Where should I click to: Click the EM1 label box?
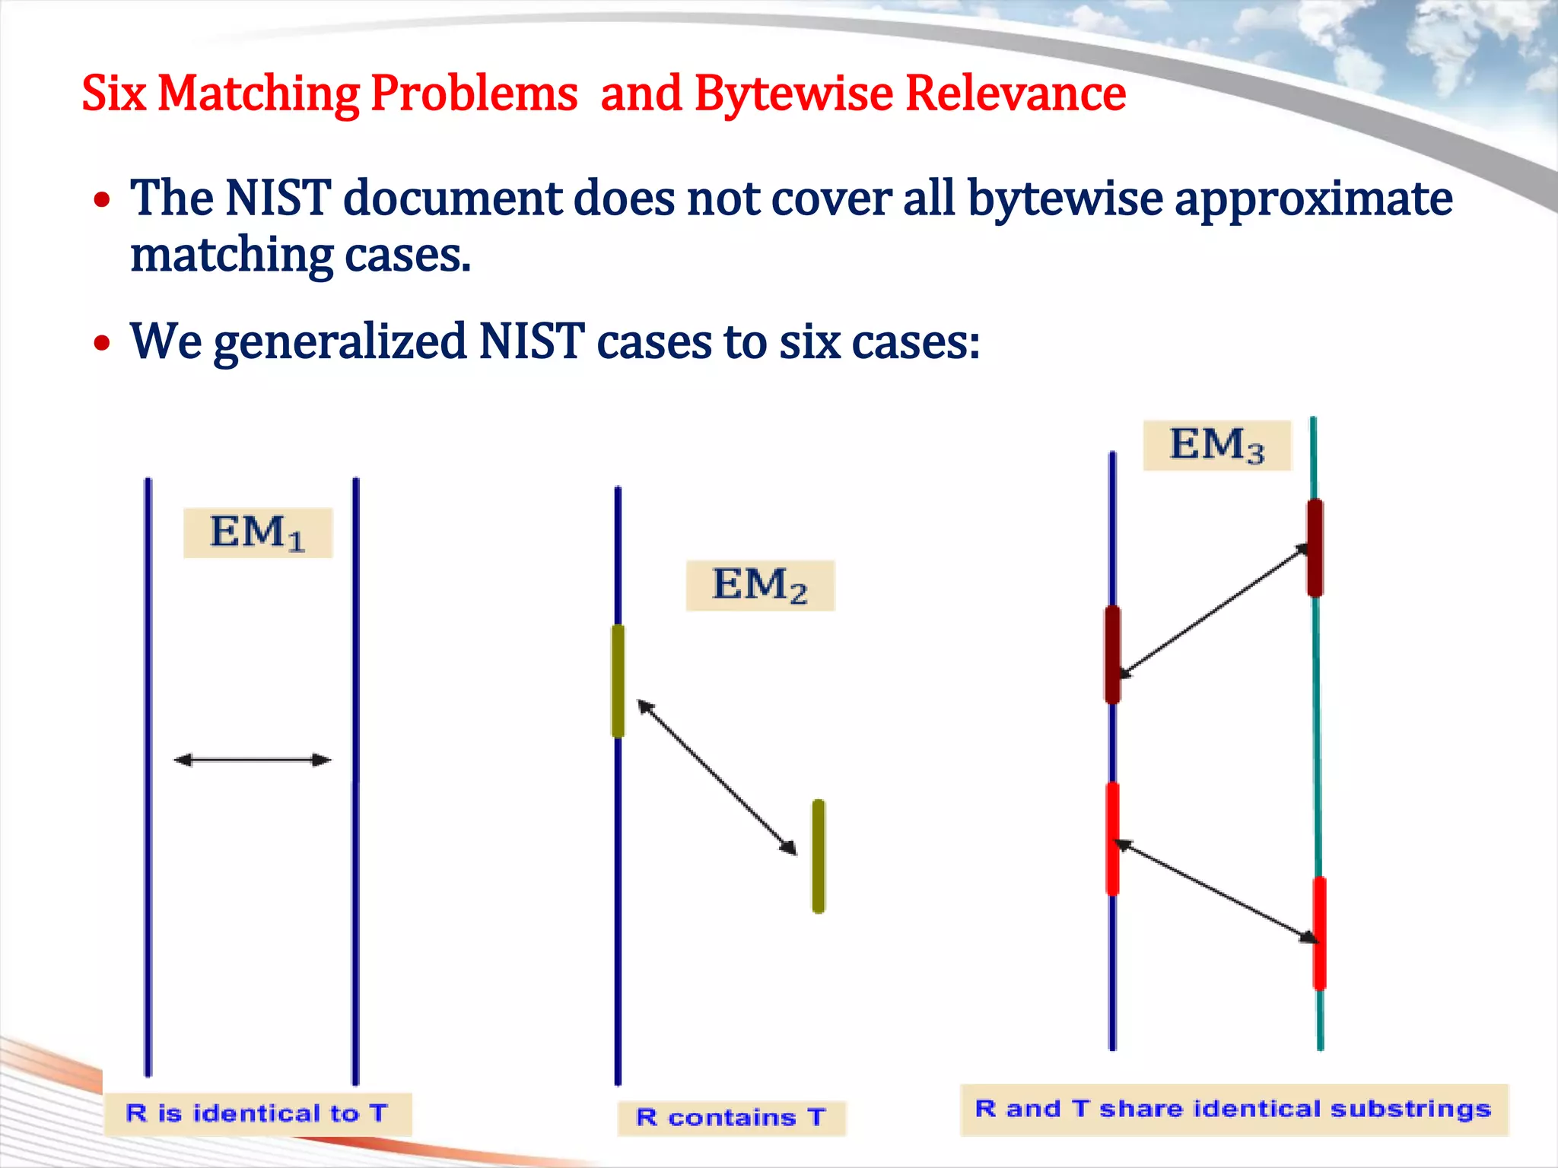point(258,532)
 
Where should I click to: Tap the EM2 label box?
point(760,586)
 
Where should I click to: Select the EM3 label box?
point(1216,445)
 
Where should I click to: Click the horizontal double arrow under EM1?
point(253,760)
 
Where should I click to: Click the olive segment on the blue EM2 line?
point(618,681)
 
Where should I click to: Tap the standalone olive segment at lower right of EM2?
point(819,855)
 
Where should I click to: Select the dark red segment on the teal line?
point(1315,547)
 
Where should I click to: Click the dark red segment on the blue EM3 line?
point(1112,654)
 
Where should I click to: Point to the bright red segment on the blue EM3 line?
point(1112,839)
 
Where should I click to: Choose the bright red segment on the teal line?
point(1319,933)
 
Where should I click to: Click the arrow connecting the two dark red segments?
point(1214,611)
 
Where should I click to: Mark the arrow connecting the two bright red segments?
point(1216,891)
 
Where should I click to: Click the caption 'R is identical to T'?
point(257,1114)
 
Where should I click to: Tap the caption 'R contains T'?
point(731,1118)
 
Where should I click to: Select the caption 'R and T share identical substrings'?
point(1233,1109)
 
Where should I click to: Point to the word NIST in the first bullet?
point(278,198)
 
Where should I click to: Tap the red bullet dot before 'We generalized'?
point(102,343)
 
